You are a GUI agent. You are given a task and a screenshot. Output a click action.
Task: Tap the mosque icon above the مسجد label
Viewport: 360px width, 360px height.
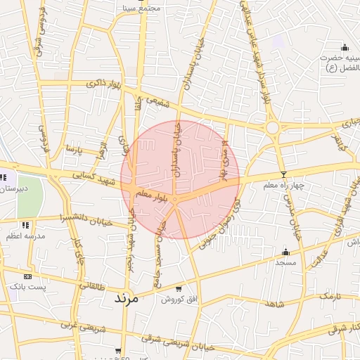pos(285,252)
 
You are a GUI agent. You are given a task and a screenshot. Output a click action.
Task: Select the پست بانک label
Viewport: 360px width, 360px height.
pos(30,288)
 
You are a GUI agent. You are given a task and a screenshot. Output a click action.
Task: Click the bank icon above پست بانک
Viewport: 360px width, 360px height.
pos(27,276)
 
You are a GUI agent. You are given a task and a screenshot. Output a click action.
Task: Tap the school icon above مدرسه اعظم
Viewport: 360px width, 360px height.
pos(26,225)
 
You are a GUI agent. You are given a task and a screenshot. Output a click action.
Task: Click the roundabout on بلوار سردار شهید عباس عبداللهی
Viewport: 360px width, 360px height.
pos(272,128)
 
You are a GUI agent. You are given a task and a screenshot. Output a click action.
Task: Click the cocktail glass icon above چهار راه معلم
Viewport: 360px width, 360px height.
pos(283,174)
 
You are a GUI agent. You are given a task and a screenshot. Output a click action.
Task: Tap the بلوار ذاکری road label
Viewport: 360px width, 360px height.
pos(103,84)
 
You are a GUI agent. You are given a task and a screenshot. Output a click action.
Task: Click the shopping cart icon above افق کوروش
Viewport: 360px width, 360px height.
pos(179,288)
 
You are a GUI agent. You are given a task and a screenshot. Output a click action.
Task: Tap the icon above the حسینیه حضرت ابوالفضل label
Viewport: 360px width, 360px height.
pos(343,46)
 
